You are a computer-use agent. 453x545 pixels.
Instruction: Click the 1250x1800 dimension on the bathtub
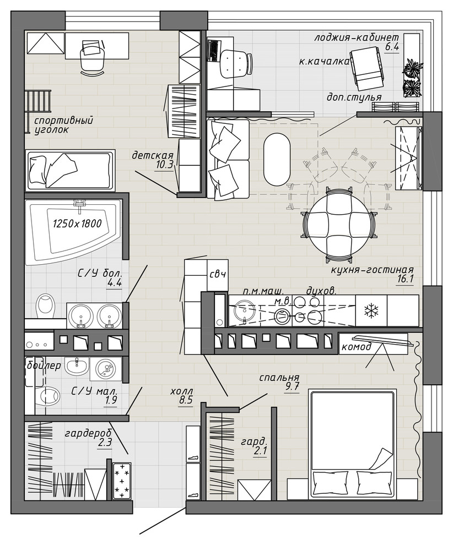(x=77, y=223)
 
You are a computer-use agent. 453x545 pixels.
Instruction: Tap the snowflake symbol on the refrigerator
(x=371, y=310)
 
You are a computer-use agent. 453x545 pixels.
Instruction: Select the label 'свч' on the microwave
(x=218, y=274)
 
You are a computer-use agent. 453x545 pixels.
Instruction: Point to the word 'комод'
(x=357, y=347)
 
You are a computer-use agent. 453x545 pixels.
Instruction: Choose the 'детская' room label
(x=153, y=155)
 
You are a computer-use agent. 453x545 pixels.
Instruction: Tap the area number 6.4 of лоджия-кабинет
(x=392, y=47)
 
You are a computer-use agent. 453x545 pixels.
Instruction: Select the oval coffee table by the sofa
(x=277, y=160)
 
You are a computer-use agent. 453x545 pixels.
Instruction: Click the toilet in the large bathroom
(x=45, y=303)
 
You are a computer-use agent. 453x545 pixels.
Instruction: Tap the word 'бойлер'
(x=43, y=366)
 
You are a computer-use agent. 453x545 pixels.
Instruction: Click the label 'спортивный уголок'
(x=64, y=125)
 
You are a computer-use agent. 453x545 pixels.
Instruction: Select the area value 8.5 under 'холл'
(x=186, y=400)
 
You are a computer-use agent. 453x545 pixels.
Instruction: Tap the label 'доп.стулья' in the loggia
(x=354, y=97)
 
